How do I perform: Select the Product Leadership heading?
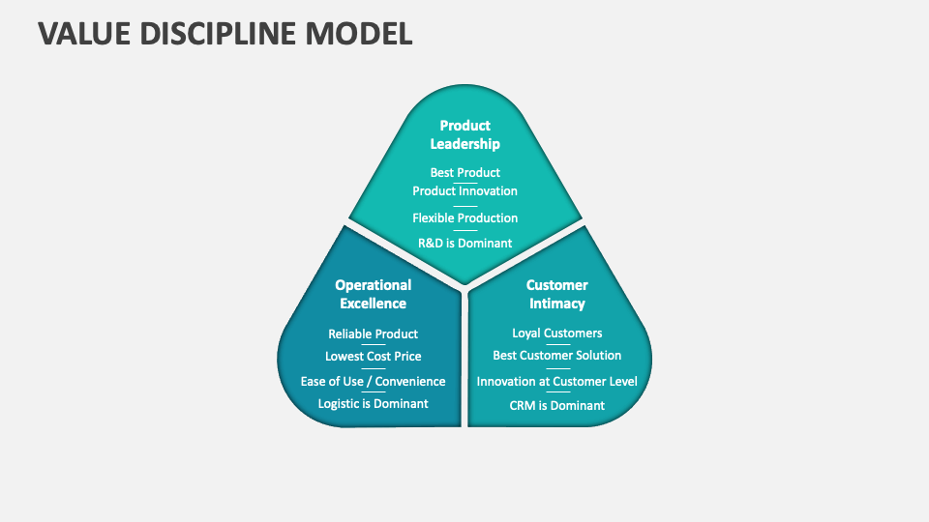pos(464,134)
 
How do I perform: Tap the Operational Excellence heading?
pos(373,294)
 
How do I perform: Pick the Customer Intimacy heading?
pos(556,294)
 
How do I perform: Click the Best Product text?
pos(464,172)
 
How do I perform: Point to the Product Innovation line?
pos(464,190)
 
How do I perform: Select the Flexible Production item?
pos(464,217)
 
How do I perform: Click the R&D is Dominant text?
pos(464,243)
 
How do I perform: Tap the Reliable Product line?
pos(373,333)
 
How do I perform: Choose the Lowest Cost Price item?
pos(373,356)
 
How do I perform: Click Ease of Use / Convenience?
pos(373,381)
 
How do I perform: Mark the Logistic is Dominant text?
pos(373,403)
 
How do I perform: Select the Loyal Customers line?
pos(556,333)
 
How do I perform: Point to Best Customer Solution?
pos(556,356)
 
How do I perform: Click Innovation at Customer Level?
pos(556,381)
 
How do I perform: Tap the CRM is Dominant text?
pos(556,405)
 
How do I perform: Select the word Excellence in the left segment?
pos(373,304)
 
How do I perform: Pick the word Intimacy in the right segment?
pos(556,304)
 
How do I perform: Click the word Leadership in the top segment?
pos(464,144)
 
